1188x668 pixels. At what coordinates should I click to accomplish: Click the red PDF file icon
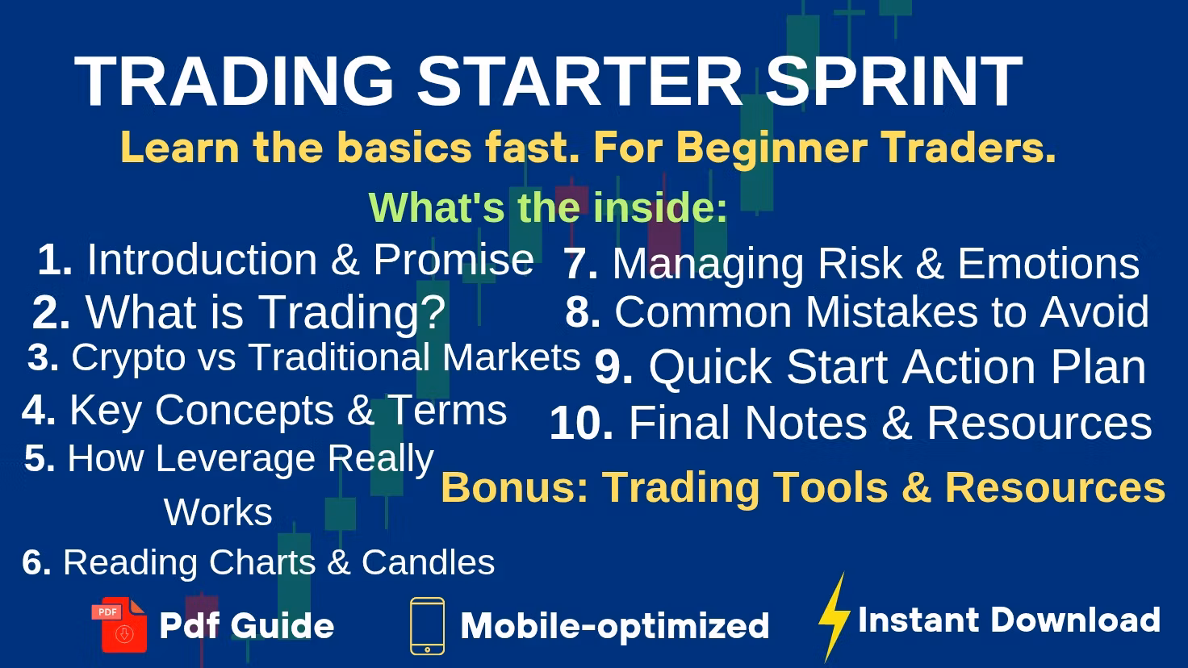119,624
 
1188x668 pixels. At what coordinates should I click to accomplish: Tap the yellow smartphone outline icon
427,626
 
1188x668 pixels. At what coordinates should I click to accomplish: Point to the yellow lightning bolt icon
834,618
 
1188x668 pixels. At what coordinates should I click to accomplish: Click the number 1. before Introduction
55,260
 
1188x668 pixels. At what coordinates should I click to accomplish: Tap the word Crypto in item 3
128,357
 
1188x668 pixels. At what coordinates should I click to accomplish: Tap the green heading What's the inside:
548,207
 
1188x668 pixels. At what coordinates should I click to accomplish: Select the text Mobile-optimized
614,626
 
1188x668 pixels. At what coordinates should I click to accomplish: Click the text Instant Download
1009,620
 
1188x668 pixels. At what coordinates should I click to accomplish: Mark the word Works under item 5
218,512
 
